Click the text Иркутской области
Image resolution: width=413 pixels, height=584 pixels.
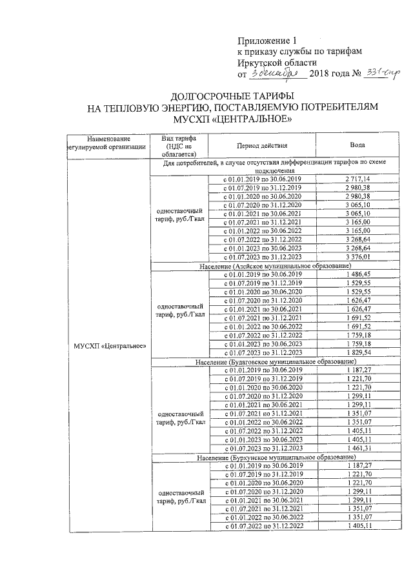(x=277, y=63)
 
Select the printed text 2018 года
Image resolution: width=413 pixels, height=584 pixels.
(x=328, y=75)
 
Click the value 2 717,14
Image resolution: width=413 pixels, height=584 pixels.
(x=357, y=178)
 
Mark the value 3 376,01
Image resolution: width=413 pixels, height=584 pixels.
(x=357, y=256)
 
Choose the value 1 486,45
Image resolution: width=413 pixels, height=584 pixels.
(x=357, y=274)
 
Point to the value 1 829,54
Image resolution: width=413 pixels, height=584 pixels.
(x=357, y=353)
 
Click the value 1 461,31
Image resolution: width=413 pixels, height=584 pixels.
(x=357, y=448)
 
